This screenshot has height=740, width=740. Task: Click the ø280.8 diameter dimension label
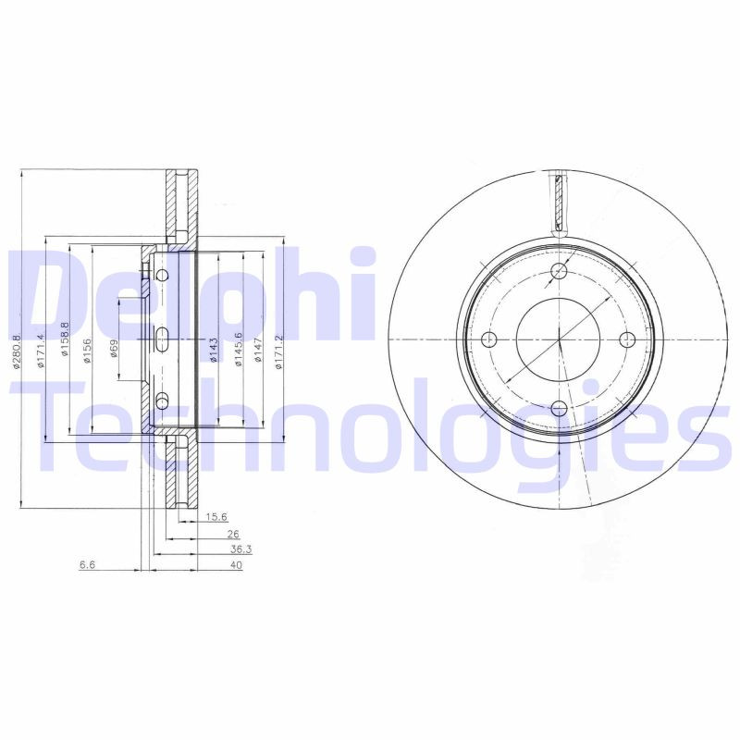point(17,351)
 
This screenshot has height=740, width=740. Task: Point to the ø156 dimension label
point(89,351)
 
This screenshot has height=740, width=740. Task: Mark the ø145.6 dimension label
point(239,349)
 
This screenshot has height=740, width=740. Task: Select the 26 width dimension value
point(232,534)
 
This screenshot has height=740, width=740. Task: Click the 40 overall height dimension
point(236,565)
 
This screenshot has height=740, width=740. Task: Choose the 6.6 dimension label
point(87,565)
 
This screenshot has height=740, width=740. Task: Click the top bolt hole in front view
point(560,270)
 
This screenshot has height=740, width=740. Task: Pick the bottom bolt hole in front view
point(560,406)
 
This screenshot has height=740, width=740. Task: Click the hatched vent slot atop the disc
point(559,200)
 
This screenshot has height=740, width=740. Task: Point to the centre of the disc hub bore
point(560,339)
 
